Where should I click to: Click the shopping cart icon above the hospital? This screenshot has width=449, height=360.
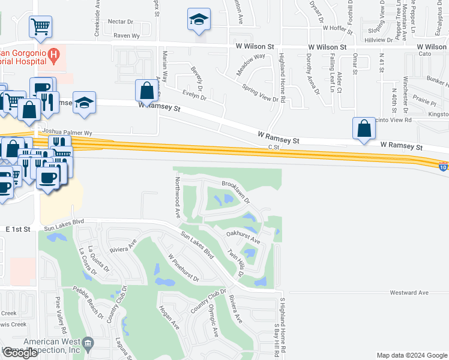tap(41, 26)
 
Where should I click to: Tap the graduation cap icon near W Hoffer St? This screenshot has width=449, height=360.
tap(197, 19)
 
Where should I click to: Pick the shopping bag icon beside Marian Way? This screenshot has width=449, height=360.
tap(146, 91)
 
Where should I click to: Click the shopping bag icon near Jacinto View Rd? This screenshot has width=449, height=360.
tap(364, 128)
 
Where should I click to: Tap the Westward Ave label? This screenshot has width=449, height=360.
tap(409, 293)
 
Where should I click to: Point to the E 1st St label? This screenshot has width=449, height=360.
tap(17, 229)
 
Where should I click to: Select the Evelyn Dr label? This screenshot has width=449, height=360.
tap(194, 95)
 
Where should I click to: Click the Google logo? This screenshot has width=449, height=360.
tap(20, 353)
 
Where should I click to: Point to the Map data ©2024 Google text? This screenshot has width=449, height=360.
tap(411, 355)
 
